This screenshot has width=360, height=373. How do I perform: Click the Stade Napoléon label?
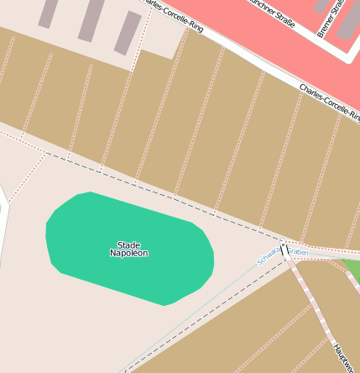(128, 250)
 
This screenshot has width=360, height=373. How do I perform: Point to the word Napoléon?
(128, 254)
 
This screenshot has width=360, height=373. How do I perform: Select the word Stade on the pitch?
(128, 245)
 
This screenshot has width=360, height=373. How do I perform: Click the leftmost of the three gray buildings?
(49, 12)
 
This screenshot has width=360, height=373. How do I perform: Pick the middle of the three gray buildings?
(91, 18)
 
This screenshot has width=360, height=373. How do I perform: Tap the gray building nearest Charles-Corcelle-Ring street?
(128, 32)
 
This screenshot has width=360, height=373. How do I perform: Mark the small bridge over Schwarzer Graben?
(284, 250)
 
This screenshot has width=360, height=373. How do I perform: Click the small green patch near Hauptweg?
(352, 271)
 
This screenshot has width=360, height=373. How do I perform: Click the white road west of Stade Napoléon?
(4, 218)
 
